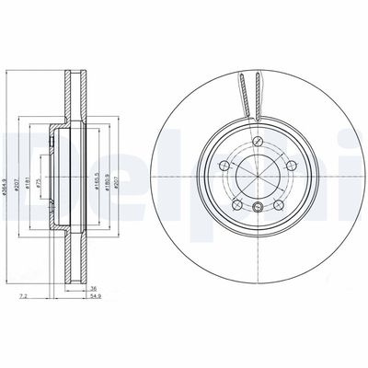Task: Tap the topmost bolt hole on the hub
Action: coord(259,140)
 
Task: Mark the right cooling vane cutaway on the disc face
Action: coord(253,92)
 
